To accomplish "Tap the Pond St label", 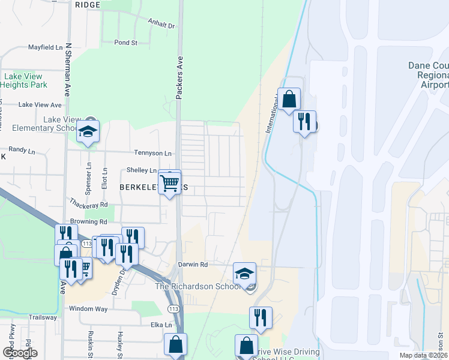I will pyautogui.click(x=126, y=43).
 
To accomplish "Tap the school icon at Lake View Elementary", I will pyautogui.click(x=88, y=131).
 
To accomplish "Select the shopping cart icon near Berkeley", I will pyautogui.click(x=170, y=183).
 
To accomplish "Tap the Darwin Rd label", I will pyautogui.click(x=193, y=264).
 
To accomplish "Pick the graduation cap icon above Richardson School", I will pyautogui.click(x=244, y=273).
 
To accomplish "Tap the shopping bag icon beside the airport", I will pyautogui.click(x=289, y=100).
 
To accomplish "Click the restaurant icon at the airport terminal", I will pyautogui.click(x=304, y=122).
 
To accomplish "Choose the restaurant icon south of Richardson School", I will pyautogui.click(x=261, y=317).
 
